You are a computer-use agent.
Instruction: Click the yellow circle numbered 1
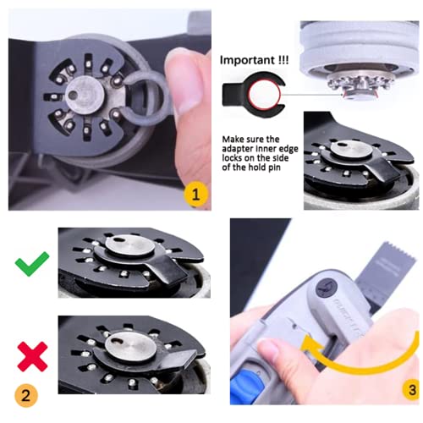tap(196, 195)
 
